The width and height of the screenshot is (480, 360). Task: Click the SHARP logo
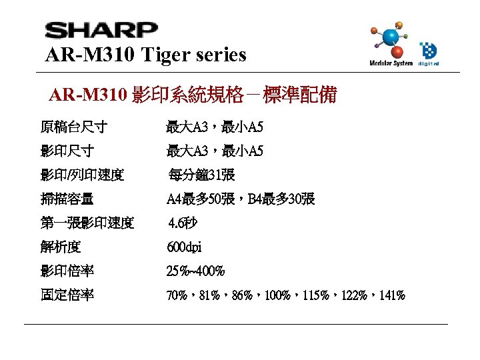[x=101, y=31]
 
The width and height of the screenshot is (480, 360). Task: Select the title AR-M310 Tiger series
[x=145, y=54]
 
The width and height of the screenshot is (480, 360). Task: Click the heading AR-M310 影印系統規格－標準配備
[x=193, y=95]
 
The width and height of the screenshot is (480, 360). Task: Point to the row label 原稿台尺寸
[x=74, y=127]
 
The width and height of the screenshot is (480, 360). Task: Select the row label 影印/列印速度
[x=82, y=175]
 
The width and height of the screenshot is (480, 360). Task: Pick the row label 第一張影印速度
[x=87, y=223]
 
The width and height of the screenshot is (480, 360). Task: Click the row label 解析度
[x=61, y=247]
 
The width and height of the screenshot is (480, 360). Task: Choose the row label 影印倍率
[x=67, y=271]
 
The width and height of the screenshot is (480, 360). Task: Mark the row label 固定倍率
[x=67, y=295]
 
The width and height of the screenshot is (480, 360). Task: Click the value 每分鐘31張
[x=201, y=175]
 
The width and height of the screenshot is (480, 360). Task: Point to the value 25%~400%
[x=195, y=271]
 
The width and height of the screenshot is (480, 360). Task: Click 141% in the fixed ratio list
[x=391, y=295]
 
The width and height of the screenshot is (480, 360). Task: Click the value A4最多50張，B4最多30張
[x=241, y=199]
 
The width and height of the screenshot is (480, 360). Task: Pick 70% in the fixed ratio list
[x=177, y=295]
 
